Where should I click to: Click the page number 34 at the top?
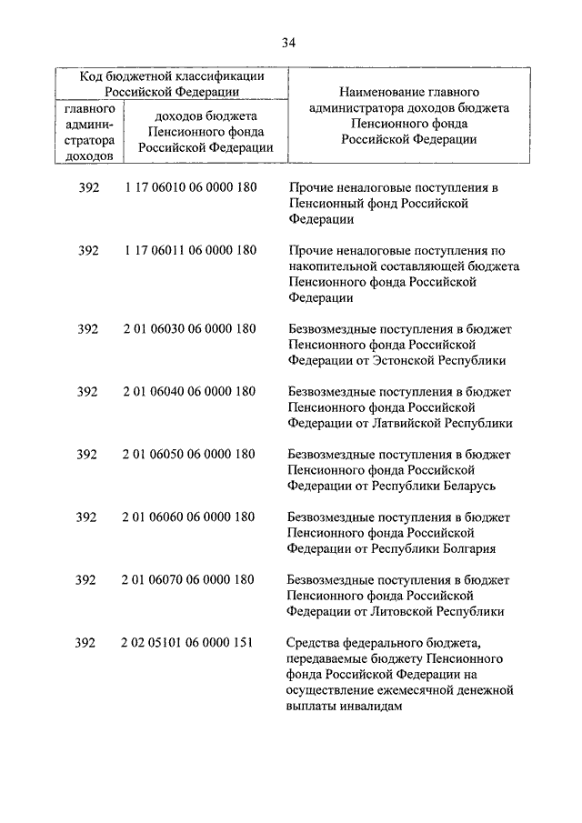pyautogui.click(x=288, y=43)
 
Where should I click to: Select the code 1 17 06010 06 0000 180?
pyautogui.click(x=188, y=187)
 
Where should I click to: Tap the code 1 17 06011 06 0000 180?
pyautogui.click(x=188, y=250)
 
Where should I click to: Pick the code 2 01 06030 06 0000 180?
pyautogui.click(x=188, y=328)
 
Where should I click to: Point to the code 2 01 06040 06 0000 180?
pyautogui.click(x=188, y=391)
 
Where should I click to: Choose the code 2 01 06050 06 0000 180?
pyautogui.click(x=188, y=454)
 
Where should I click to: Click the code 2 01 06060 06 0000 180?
pyautogui.click(x=188, y=517)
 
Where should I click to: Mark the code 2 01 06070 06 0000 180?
pyautogui.click(x=188, y=579)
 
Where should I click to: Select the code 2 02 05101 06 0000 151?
pyautogui.click(x=188, y=643)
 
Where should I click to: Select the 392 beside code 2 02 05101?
pyautogui.click(x=86, y=643)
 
